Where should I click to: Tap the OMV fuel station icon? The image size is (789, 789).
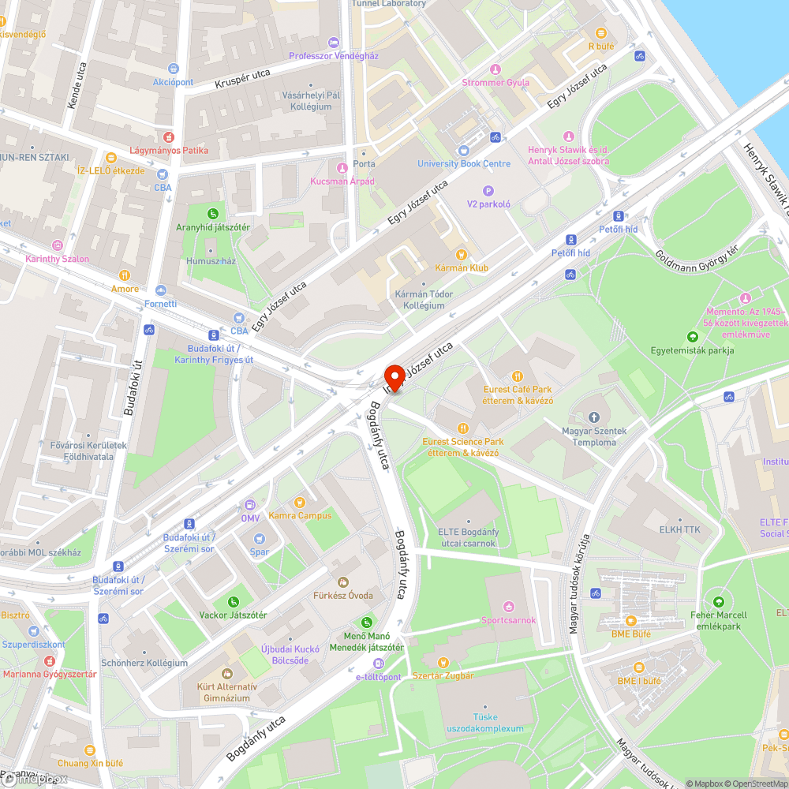pos(250,505)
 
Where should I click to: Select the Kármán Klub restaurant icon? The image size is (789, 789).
pos(462,254)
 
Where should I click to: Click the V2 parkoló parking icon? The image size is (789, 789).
pos(488,190)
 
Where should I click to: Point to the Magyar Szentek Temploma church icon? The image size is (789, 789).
pos(594,417)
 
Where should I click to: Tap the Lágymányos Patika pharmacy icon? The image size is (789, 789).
pos(167,136)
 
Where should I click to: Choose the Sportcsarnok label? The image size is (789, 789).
pos(509,619)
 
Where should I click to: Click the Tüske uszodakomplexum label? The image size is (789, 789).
pos(485,723)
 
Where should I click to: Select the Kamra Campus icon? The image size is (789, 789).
pos(300,503)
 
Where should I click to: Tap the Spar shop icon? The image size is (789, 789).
pos(260,538)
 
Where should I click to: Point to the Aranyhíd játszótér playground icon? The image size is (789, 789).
pos(212,214)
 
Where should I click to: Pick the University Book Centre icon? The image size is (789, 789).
pos(464,151)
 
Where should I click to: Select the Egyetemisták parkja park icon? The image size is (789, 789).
pos(692,337)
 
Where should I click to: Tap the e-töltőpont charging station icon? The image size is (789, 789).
pos(379,664)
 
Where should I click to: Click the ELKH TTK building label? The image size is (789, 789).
pos(679,529)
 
